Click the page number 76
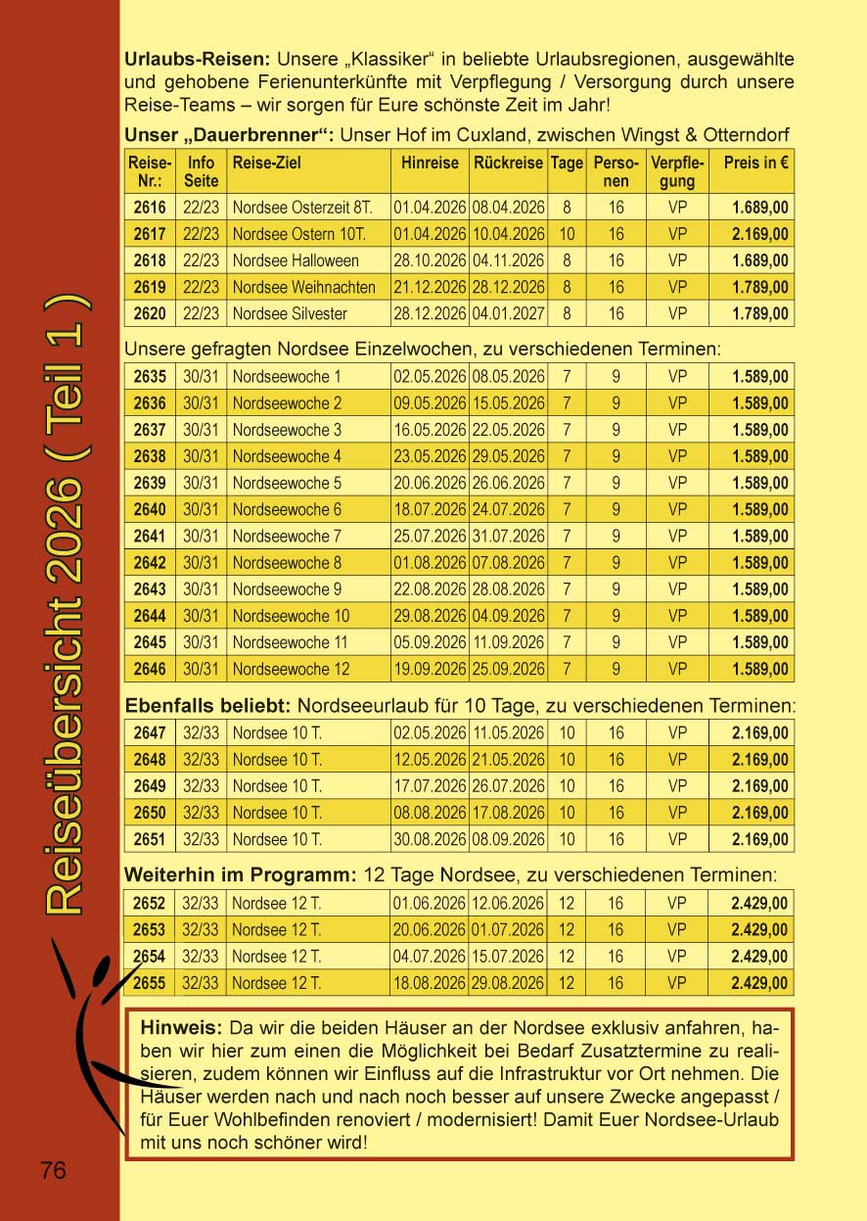click(x=53, y=1169)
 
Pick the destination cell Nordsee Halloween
click(x=296, y=261)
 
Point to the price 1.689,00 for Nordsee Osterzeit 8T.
click(x=760, y=208)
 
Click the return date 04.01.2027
click(x=508, y=314)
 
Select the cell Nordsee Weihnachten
click(x=303, y=288)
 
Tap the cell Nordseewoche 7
click(x=287, y=537)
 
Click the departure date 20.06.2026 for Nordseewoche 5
click(x=430, y=483)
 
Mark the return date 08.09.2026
click(x=508, y=840)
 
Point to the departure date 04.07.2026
click(x=430, y=957)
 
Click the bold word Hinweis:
click(x=183, y=1029)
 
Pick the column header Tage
click(x=567, y=164)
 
